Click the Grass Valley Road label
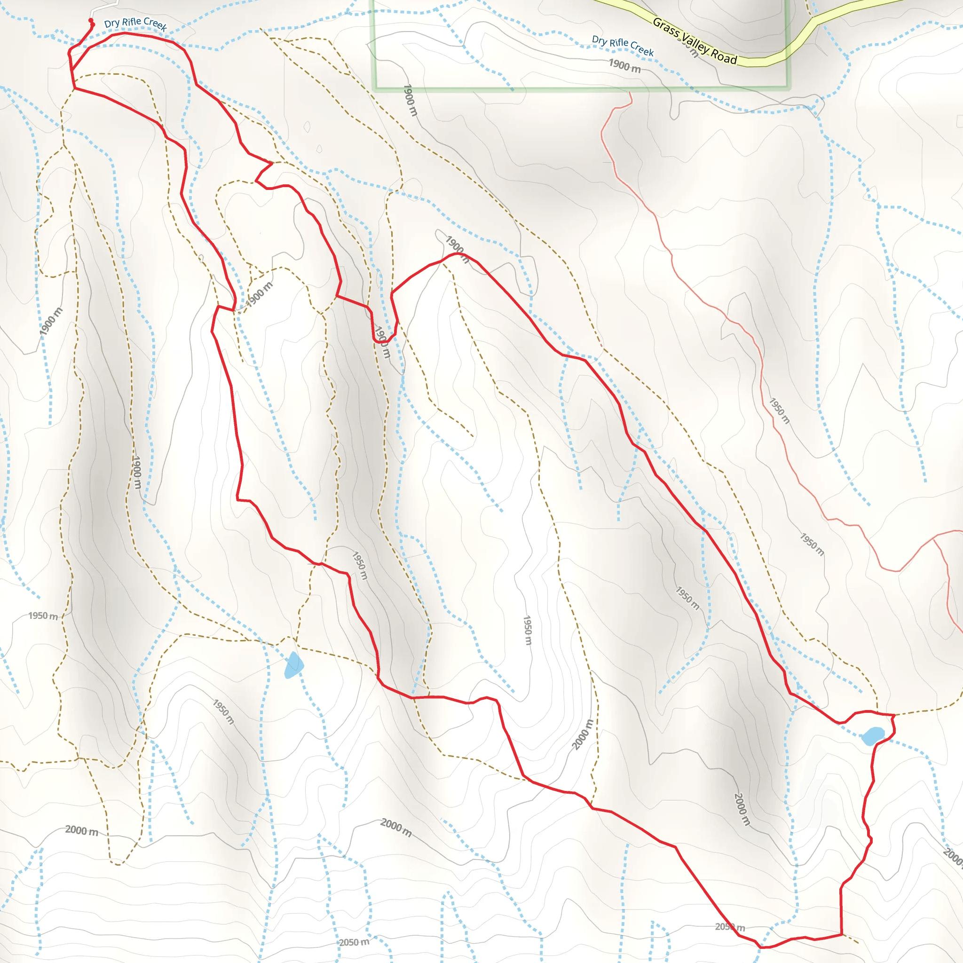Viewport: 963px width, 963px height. [695, 41]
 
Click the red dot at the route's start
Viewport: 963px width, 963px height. [91, 20]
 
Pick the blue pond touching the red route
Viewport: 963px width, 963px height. [873, 735]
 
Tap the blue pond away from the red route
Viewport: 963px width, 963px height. [293, 665]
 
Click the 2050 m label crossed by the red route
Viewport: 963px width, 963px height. [730, 927]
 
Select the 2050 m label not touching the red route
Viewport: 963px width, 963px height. [354, 942]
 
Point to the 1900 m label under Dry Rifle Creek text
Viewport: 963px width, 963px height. [624, 65]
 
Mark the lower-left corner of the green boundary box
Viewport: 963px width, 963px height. [375, 90]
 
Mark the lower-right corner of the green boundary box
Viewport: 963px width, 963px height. [789, 88]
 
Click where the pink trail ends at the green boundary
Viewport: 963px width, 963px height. [630, 91]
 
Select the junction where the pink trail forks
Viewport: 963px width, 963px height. [932, 538]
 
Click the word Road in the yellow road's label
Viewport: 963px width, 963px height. [723, 56]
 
